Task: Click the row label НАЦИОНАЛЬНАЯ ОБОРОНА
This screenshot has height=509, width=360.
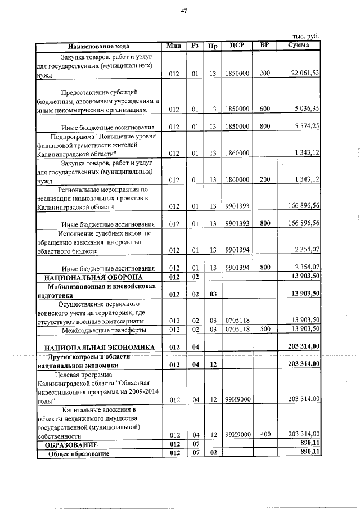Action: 94,277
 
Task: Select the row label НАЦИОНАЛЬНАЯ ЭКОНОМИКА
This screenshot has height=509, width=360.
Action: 96,347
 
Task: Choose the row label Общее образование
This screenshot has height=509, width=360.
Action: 78,454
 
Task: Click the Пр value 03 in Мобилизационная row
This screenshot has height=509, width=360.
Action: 213,294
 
